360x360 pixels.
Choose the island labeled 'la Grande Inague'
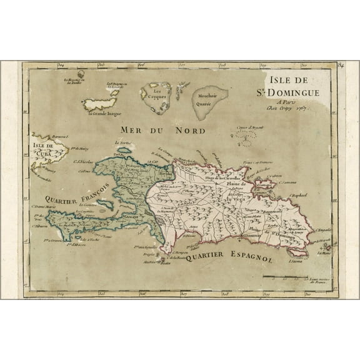101,102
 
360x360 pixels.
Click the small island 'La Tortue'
124,150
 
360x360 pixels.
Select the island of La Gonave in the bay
104,204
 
